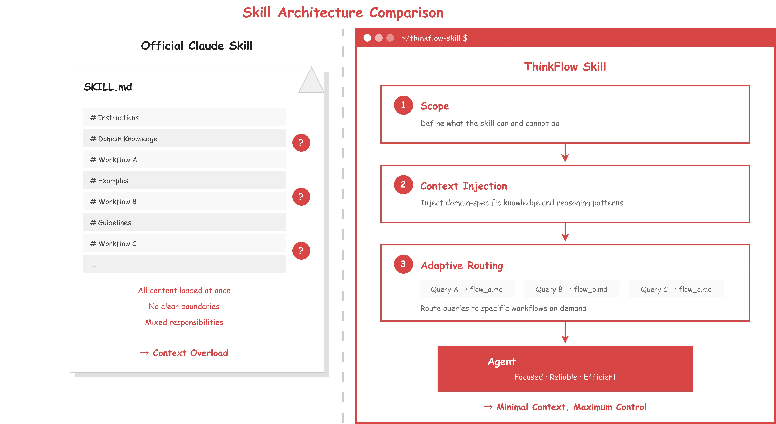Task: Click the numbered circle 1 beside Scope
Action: tap(403, 105)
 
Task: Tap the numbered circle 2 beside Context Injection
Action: tap(403, 185)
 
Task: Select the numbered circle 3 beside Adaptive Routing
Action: tap(403, 264)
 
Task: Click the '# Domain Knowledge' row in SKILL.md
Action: tap(184, 139)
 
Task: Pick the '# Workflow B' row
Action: tap(184, 201)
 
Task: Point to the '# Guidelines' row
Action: tap(184, 223)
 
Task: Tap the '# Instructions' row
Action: tap(184, 118)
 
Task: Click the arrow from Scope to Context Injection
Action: tap(565, 153)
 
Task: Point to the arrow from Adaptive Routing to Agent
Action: tap(565, 333)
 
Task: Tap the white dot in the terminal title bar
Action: tap(367, 38)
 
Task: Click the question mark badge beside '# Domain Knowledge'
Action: tap(301, 143)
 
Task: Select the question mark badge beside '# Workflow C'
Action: tap(301, 251)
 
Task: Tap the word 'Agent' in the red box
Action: tap(502, 362)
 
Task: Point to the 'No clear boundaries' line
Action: tap(184, 306)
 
